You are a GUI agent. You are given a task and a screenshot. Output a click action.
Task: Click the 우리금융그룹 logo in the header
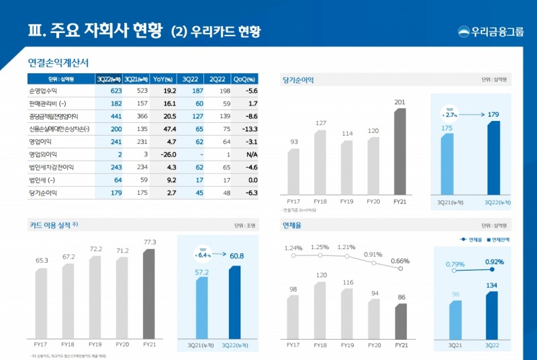tap(491, 32)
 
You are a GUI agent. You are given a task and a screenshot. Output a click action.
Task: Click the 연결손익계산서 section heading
tap(58, 62)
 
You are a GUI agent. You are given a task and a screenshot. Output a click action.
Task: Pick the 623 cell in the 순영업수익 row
tap(115, 91)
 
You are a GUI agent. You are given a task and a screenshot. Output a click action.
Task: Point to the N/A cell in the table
tap(252, 154)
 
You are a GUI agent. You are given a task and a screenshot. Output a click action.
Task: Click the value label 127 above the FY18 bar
tap(320, 123)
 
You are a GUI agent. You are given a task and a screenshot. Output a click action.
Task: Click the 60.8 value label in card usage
tap(236, 256)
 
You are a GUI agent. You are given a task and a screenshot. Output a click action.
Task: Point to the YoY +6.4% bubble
tap(203, 253)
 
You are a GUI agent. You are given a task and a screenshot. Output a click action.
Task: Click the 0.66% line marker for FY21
tap(400, 269)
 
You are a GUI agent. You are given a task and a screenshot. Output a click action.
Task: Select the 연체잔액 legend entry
tap(496, 239)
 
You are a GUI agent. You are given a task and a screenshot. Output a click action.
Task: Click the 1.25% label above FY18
tap(320, 246)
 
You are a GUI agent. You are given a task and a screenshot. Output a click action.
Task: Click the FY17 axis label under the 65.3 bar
tap(41, 344)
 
